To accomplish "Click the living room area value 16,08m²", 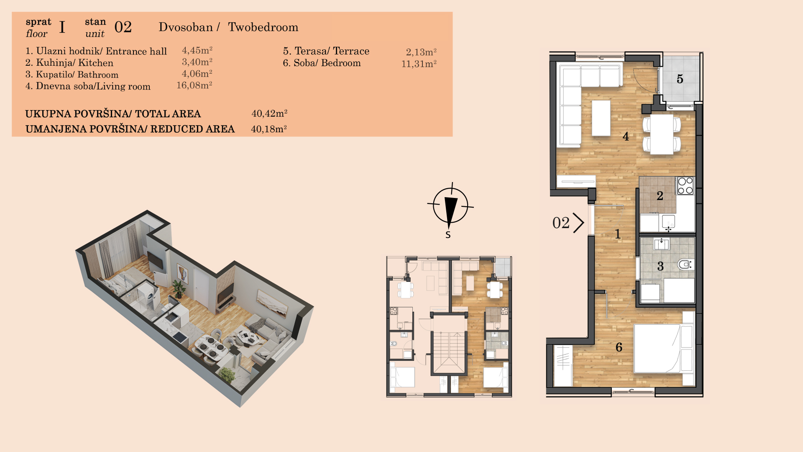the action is click(194, 85).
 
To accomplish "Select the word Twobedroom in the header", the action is click(263, 27).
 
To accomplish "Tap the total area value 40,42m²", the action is click(269, 113).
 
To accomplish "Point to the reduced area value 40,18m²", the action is click(269, 129).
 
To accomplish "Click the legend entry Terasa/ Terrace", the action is click(326, 51).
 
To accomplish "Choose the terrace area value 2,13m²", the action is click(421, 52).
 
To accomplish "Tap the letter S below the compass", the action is click(448, 235).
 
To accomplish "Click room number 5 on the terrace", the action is click(680, 79).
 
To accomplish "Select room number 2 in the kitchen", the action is click(660, 195).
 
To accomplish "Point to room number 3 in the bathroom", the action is click(660, 266).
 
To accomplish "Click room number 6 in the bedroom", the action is click(619, 347).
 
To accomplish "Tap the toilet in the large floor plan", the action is click(685, 265).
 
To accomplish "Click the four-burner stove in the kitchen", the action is click(685, 185).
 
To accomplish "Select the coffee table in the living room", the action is click(601, 118).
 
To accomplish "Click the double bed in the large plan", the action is click(664, 348).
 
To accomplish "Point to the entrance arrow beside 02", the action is click(578, 223).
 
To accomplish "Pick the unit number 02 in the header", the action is click(123, 27).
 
